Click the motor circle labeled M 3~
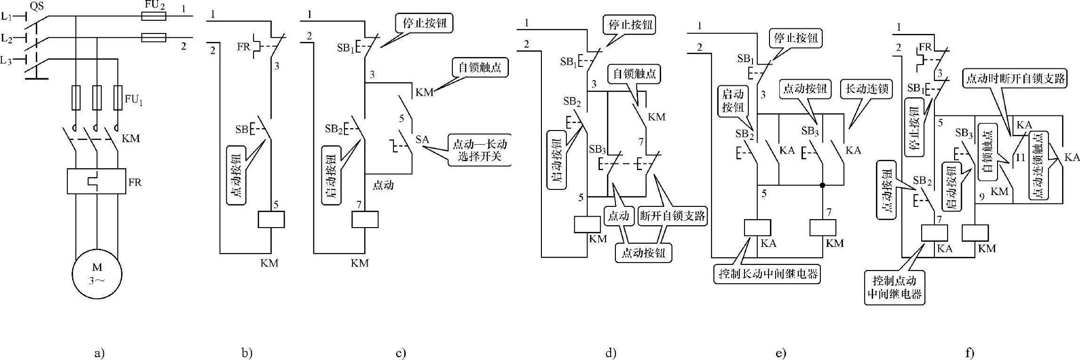97,274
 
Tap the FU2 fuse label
154,6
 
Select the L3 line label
6,60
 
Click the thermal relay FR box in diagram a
97,181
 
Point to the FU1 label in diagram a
133,100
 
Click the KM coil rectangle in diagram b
271,220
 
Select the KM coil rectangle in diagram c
365,220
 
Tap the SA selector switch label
422,139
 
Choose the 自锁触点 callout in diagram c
479,67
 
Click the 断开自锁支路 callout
672,216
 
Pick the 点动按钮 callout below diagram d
643,253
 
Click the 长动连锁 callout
867,89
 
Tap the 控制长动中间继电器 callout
767,274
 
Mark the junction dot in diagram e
823,185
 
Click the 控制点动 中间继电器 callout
894,287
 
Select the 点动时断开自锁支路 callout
1015,79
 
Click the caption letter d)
611,353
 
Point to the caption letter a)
99,353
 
